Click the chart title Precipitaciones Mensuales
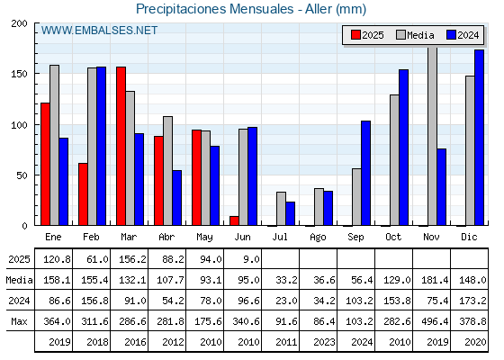click(215, 9)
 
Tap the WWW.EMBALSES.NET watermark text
click(99, 31)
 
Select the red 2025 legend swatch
click(355, 35)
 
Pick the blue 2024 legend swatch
click(451, 35)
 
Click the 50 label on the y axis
click(22, 175)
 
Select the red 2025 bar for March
click(121, 146)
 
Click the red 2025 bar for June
click(234, 220)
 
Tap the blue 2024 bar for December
click(479, 138)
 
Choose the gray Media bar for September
click(356, 197)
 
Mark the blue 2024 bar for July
click(290, 214)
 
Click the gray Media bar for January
click(54, 145)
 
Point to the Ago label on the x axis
click(318, 238)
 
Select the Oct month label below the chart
click(393, 237)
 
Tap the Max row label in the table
click(19, 321)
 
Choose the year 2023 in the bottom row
click(324, 342)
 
